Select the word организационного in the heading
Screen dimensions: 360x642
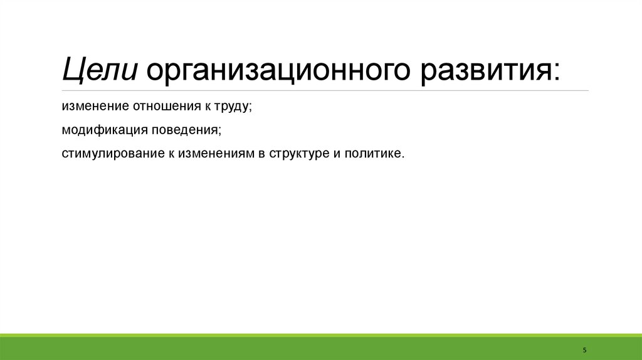(280, 70)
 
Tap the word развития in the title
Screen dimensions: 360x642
(483, 70)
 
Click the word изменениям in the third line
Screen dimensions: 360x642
(213, 154)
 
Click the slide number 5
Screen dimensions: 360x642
(584, 349)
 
